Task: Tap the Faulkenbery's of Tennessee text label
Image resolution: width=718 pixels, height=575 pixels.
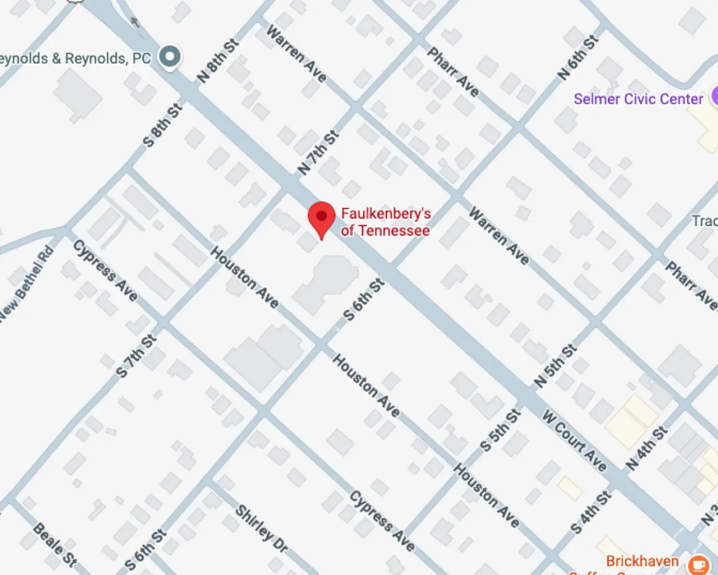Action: (x=385, y=222)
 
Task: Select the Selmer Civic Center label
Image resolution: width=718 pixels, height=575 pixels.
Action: (x=638, y=99)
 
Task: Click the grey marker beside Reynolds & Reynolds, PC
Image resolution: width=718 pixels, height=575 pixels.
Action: (x=169, y=57)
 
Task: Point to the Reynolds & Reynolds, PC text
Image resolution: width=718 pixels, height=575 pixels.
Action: (x=74, y=58)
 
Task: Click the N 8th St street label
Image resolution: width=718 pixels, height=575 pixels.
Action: (x=218, y=61)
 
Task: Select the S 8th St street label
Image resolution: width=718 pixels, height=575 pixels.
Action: (x=163, y=125)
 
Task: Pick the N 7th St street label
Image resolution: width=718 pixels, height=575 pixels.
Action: (x=318, y=152)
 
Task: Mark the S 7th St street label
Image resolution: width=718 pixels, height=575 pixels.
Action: (x=136, y=356)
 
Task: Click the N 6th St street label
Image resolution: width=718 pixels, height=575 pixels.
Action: (x=578, y=57)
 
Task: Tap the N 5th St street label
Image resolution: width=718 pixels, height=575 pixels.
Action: (x=555, y=366)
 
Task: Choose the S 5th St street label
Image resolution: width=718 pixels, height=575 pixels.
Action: (x=500, y=430)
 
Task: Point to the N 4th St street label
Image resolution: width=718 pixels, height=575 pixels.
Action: (x=646, y=448)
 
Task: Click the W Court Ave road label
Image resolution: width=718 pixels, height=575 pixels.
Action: (x=574, y=440)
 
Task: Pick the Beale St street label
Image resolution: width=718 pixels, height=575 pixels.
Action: (x=55, y=544)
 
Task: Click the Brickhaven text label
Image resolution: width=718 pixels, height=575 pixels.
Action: (x=642, y=561)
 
